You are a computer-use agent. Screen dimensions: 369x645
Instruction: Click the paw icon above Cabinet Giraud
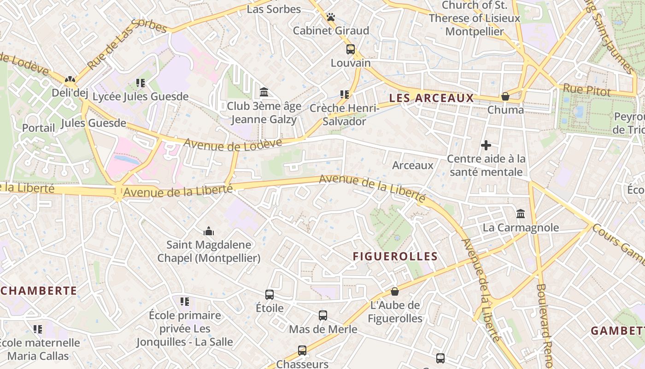[331, 18]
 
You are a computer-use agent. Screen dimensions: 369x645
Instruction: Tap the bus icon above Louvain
[351, 49]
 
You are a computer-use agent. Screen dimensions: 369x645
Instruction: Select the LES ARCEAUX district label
[431, 98]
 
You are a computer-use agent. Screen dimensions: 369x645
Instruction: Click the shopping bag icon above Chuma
[505, 96]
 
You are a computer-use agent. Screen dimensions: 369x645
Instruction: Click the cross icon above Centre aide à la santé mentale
[486, 145]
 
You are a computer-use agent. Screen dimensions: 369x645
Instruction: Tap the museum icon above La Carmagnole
[521, 214]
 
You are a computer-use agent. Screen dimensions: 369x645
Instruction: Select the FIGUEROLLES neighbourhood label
[395, 256]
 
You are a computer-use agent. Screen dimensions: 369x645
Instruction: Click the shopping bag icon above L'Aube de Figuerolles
[395, 292]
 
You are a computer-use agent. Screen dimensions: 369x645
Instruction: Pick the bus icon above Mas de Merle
[323, 315]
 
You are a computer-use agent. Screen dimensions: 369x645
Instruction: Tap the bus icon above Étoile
[270, 294]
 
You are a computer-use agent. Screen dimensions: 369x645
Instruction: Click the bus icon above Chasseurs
[302, 351]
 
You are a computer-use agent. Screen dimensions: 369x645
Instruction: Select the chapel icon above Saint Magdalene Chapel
[209, 231]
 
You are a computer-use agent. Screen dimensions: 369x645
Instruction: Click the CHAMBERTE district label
[39, 291]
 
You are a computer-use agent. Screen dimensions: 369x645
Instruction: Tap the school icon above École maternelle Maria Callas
[38, 329]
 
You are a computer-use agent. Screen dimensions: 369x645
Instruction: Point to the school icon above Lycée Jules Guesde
[141, 83]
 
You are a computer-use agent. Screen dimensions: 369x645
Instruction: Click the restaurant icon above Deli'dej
[70, 79]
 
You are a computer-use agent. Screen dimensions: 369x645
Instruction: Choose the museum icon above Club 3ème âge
[264, 92]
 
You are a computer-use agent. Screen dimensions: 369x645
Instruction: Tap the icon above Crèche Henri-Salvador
[344, 95]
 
